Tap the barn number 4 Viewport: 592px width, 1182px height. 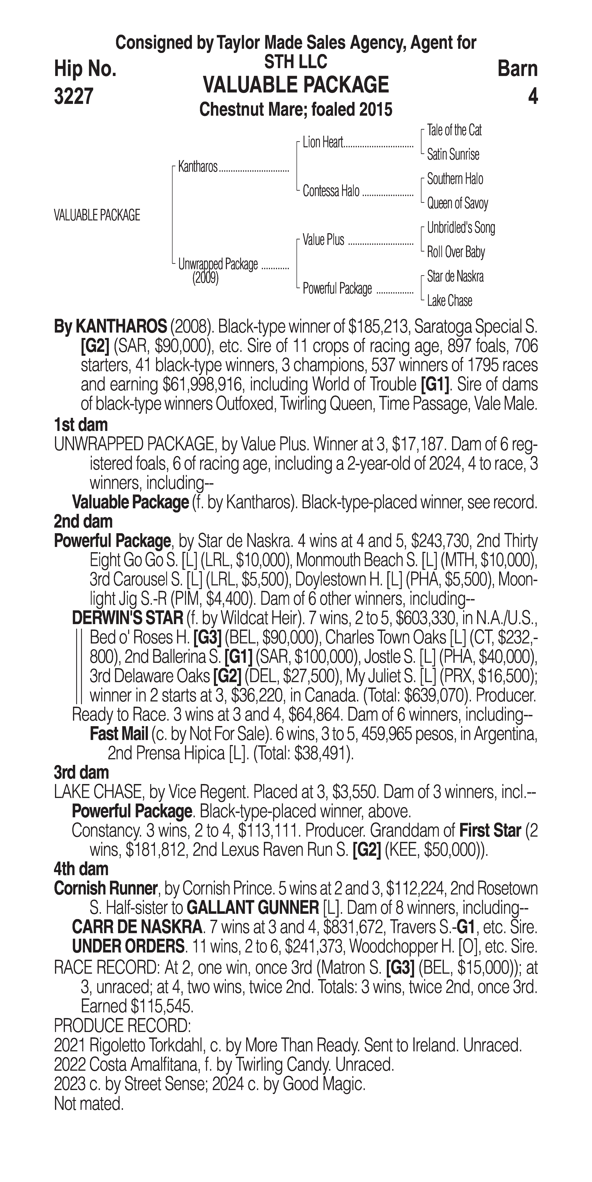(x=532, y=96)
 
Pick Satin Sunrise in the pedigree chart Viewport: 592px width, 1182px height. (x=453, y=155)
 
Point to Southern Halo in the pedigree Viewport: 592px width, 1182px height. (x=455, y=179)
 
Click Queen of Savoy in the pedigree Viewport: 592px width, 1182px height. (x=457, y=203)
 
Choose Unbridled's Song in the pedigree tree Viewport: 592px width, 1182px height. (x=461, y=228)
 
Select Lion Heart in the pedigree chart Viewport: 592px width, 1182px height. (x=323, y=143)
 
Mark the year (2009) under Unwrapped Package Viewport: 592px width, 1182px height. (x=205, y=278)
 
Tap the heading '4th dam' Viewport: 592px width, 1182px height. (x=81, y=869)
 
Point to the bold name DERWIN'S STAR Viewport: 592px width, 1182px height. (x=128, y=618)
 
